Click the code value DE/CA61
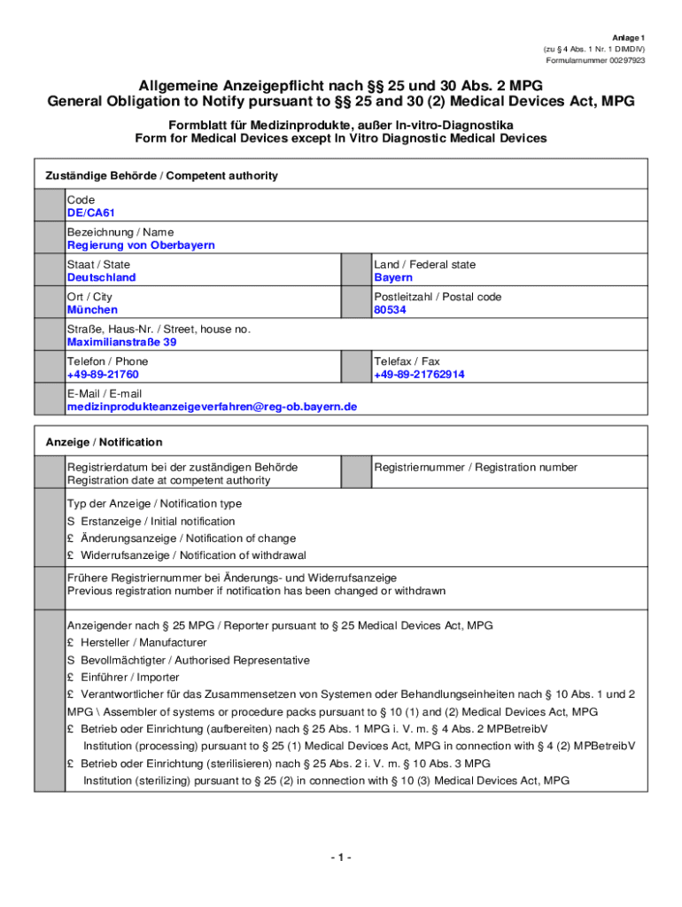pos(91,213)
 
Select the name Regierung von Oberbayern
pos(141,245)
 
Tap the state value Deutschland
pos(102,278)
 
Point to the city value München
pos(92,310)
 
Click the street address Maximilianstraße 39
pos(121,342)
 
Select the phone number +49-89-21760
pos(103,375)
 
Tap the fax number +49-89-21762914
pos(419,375)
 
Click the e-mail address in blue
pos(212,407)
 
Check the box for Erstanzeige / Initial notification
pos(71,522)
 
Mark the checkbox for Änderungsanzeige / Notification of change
pos(71,539)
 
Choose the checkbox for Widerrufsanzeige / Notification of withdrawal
pos(71,555)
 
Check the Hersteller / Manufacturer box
pos(71,643)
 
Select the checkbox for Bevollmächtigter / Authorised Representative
pos(71,660)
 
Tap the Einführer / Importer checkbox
pos(71,678)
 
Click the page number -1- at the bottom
pos(341,858)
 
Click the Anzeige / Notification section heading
pos(104,442)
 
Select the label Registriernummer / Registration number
pos(475,468)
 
